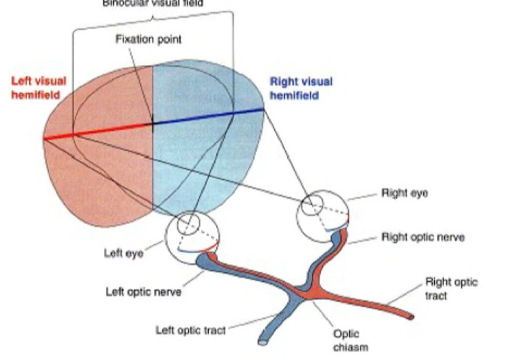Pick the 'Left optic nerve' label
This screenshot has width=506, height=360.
pyautogui.click(x=142, y=292)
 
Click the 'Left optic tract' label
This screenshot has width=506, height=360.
pyautogui.click(x=190, y=330)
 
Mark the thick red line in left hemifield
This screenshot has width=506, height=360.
pyautogui.click(x=98, y=130)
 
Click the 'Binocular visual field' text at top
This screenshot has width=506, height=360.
pyautogui.click(x=153, y=3)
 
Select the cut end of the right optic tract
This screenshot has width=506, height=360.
pyautogui.click(x=411, y=317)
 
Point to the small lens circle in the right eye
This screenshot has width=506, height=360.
pyautogui.click(x=313, y=205)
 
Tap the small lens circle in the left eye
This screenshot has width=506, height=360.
pyautogui.click(x=190, y=223)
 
